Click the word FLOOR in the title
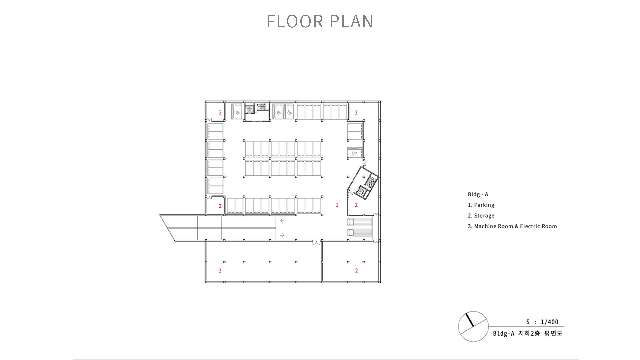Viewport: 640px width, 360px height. click(295, 21)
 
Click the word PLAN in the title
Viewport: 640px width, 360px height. click(351, 21)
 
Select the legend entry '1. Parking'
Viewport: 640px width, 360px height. click(481, 205)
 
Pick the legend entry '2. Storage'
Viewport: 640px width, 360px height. click(481, 216)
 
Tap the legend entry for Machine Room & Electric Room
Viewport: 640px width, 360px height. click(512, 226)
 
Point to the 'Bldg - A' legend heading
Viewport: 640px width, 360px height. click(478, 194)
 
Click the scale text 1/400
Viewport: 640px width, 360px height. click(549, 322)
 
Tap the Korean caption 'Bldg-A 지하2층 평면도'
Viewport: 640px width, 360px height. click(528, 333)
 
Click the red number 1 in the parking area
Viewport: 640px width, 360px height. click(337, 205)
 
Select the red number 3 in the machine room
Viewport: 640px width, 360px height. click(220, 271)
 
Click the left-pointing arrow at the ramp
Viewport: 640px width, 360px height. click(282, 221)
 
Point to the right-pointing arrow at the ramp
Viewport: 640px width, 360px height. click(282, 235)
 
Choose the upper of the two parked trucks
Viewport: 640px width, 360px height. click(359, 222)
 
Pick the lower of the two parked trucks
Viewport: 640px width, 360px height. click(359, 233)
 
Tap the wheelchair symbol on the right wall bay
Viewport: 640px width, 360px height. click(354, 154)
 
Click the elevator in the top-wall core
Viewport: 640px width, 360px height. click(250, 110)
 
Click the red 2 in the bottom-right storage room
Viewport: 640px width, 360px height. click(356, 271)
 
